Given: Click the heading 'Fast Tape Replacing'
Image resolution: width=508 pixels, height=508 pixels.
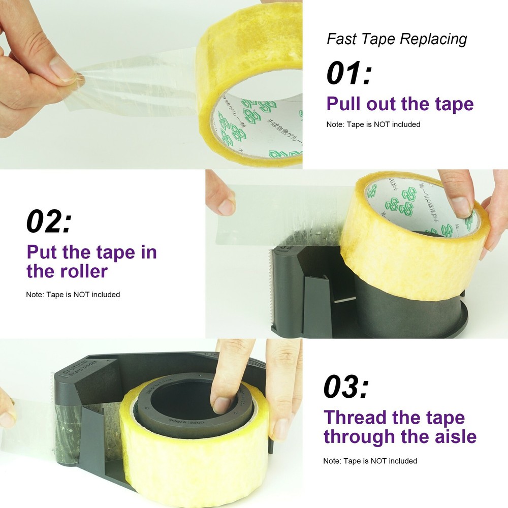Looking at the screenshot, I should pyautogui.click(x=396, y=39).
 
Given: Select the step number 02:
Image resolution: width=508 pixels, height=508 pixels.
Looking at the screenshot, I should pyautogui.click(x=49, y=221).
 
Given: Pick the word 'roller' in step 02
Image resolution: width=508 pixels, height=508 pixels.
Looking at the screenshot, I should pyautogui.click(x=81, y=271).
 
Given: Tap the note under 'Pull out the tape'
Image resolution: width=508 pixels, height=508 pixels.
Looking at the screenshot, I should pyautogui.click(x=373, y=124).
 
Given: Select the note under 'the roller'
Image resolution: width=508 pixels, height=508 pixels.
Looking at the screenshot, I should pyautogui.click(x=73, y=294).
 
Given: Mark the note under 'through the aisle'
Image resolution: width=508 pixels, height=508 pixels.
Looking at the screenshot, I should pyautogui.click(x=370, y=461).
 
